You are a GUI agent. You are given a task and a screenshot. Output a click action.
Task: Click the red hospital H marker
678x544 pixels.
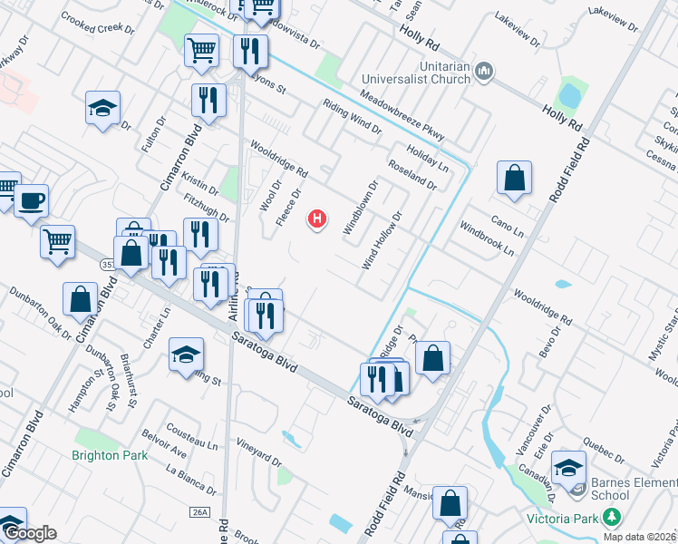pos(317,219)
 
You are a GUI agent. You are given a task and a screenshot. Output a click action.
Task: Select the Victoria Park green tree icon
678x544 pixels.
pos(612,518)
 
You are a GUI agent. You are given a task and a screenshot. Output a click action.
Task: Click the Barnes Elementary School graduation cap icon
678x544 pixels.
pos(569,467)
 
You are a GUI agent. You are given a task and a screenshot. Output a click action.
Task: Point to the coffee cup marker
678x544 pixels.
pos(32,200)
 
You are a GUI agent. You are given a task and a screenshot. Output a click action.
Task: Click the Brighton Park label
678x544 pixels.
pos(110,455)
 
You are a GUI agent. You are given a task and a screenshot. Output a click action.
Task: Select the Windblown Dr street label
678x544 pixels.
pos(360,209)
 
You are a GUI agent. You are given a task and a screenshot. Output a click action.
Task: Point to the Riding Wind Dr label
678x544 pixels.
pos(352,116)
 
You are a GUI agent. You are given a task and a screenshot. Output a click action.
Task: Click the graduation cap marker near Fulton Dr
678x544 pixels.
pos(103,108)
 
